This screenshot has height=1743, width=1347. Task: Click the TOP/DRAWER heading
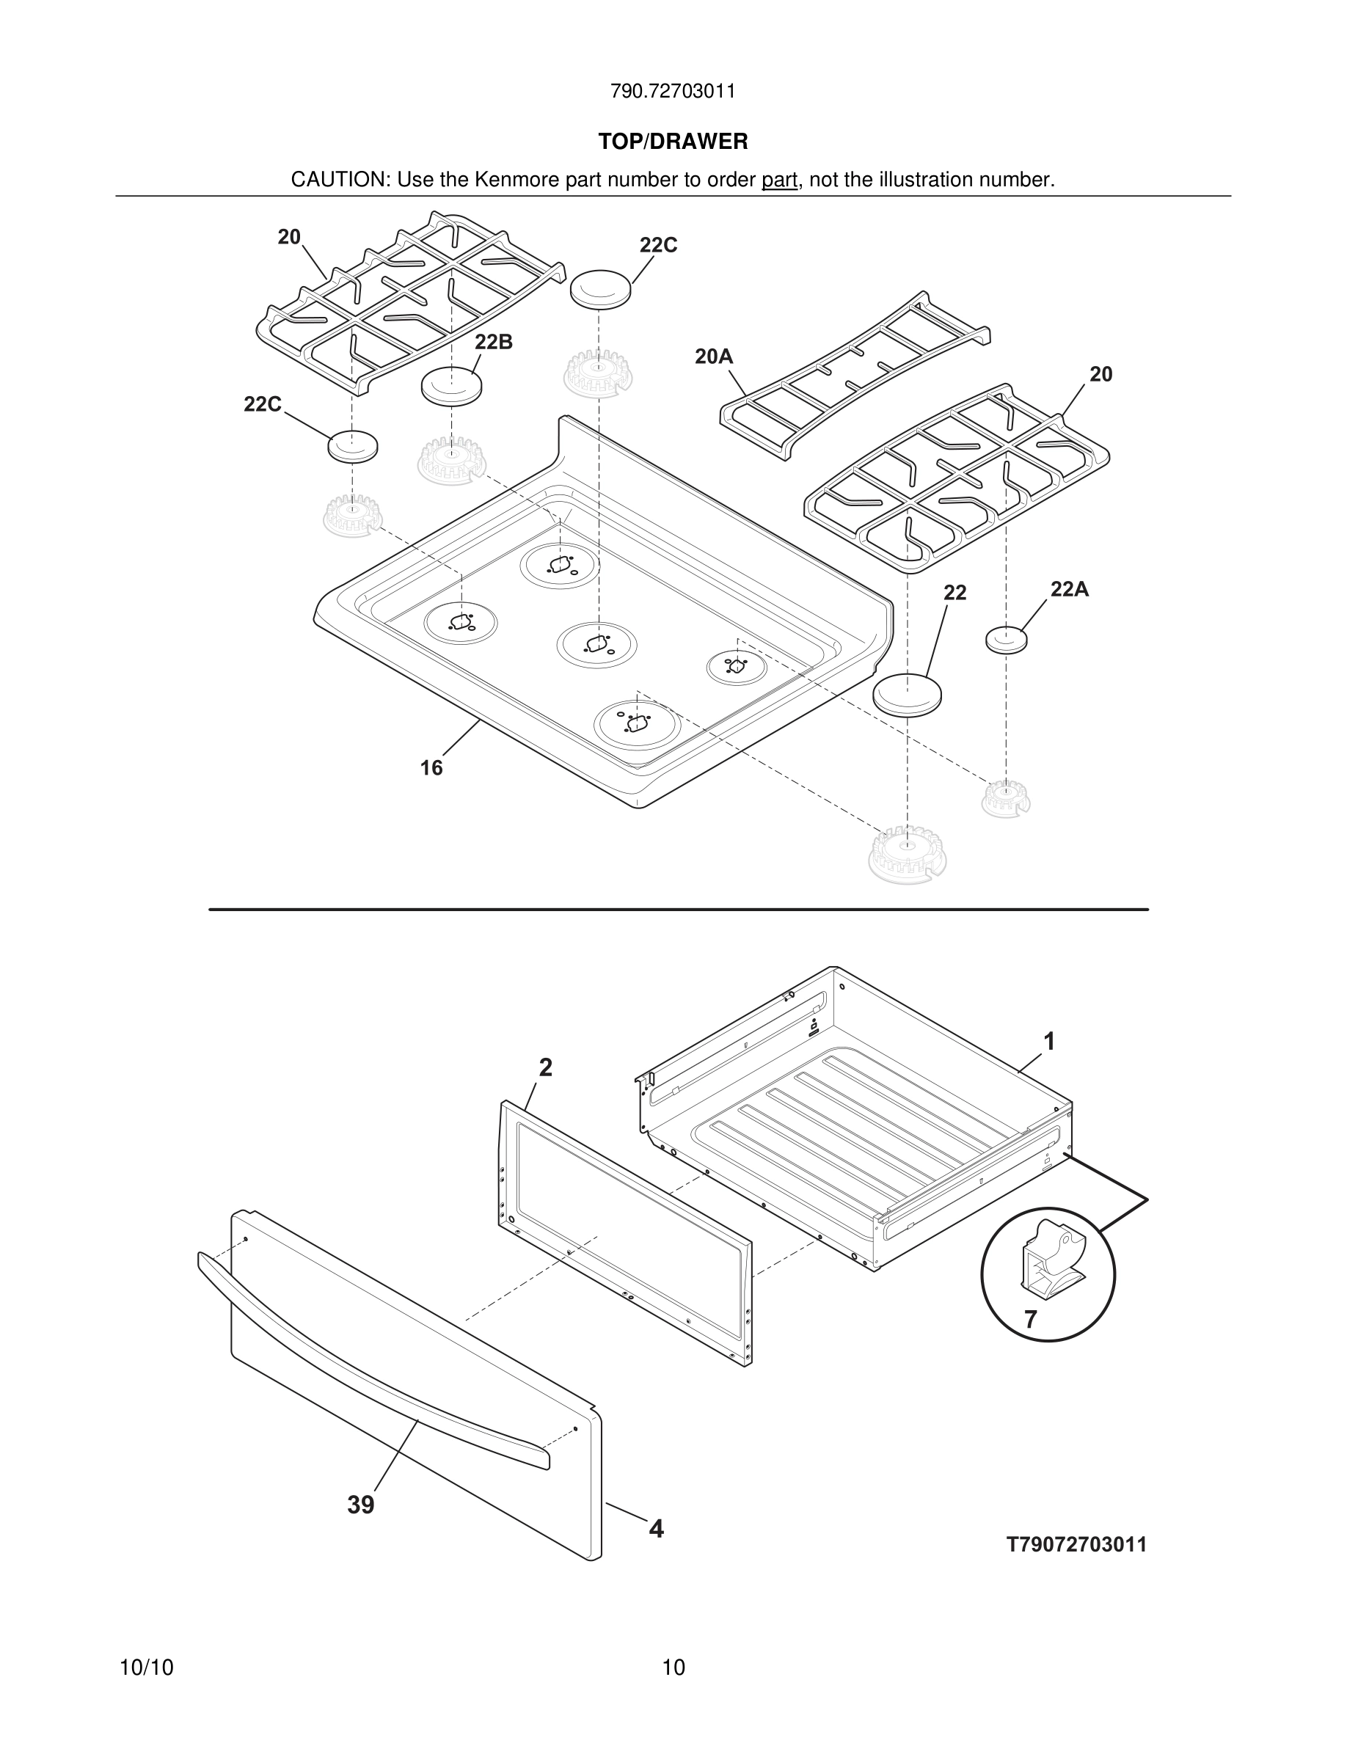pos(673,142)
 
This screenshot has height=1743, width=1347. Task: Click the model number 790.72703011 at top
pos(673,92)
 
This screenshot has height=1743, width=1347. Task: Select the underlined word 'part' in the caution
pos(779,180)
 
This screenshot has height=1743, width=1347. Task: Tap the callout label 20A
pos(713,357)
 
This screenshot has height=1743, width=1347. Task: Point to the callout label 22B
pos(493,343)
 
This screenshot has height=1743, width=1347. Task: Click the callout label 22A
pos(1069,589)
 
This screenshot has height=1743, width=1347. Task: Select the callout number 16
pos(431,768)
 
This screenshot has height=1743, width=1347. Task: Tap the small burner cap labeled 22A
pos(1007,639)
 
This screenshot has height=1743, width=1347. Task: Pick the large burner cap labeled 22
pos(908,694)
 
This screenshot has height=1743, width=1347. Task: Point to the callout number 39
pos(361,1505)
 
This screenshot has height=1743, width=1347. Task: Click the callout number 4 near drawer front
pos(656,1529)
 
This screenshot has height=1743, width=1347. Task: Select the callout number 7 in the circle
pos(1030,1320)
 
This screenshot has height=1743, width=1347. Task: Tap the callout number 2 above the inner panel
pos(546,1067)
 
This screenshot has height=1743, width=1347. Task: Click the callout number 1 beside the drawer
pos(1049,1041)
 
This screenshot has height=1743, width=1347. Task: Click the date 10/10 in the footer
pos(146,1667)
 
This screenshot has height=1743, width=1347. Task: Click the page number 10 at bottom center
pos(673,1667)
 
